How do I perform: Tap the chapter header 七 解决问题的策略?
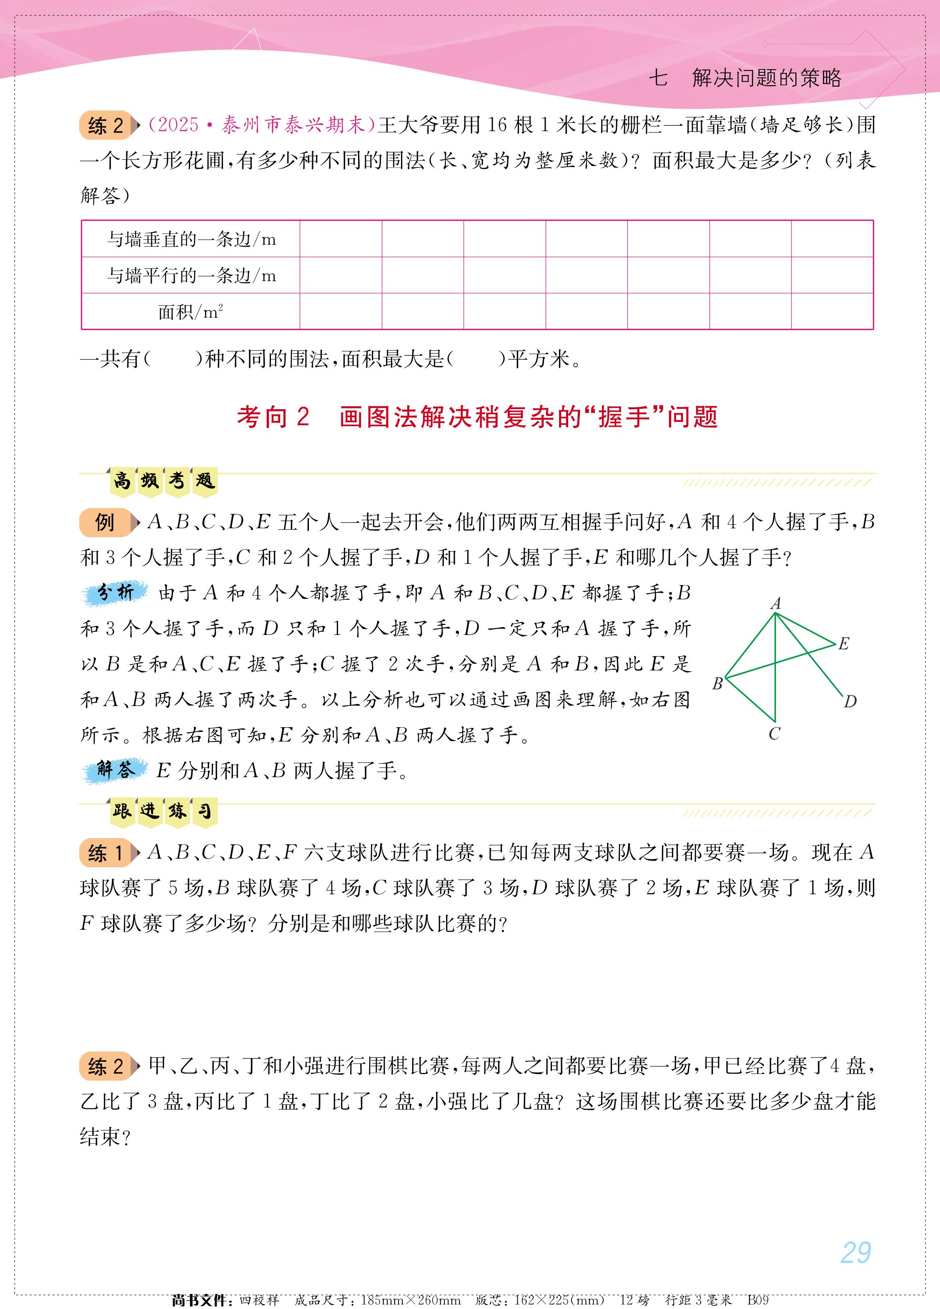click(x=745, y=78)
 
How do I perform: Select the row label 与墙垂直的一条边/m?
click(x=191, y=239)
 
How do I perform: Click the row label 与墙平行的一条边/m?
click(x=191, y=275)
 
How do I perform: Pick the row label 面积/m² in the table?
click(x=191, y=312)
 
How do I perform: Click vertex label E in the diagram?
click(x=844, y=643)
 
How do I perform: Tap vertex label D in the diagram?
click(x=850, y=702)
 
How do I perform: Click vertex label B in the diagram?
click(x=718, y=684)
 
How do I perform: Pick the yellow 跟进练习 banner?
click(x=163, y=811)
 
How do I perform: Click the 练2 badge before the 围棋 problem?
click(x=106, y=1066)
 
